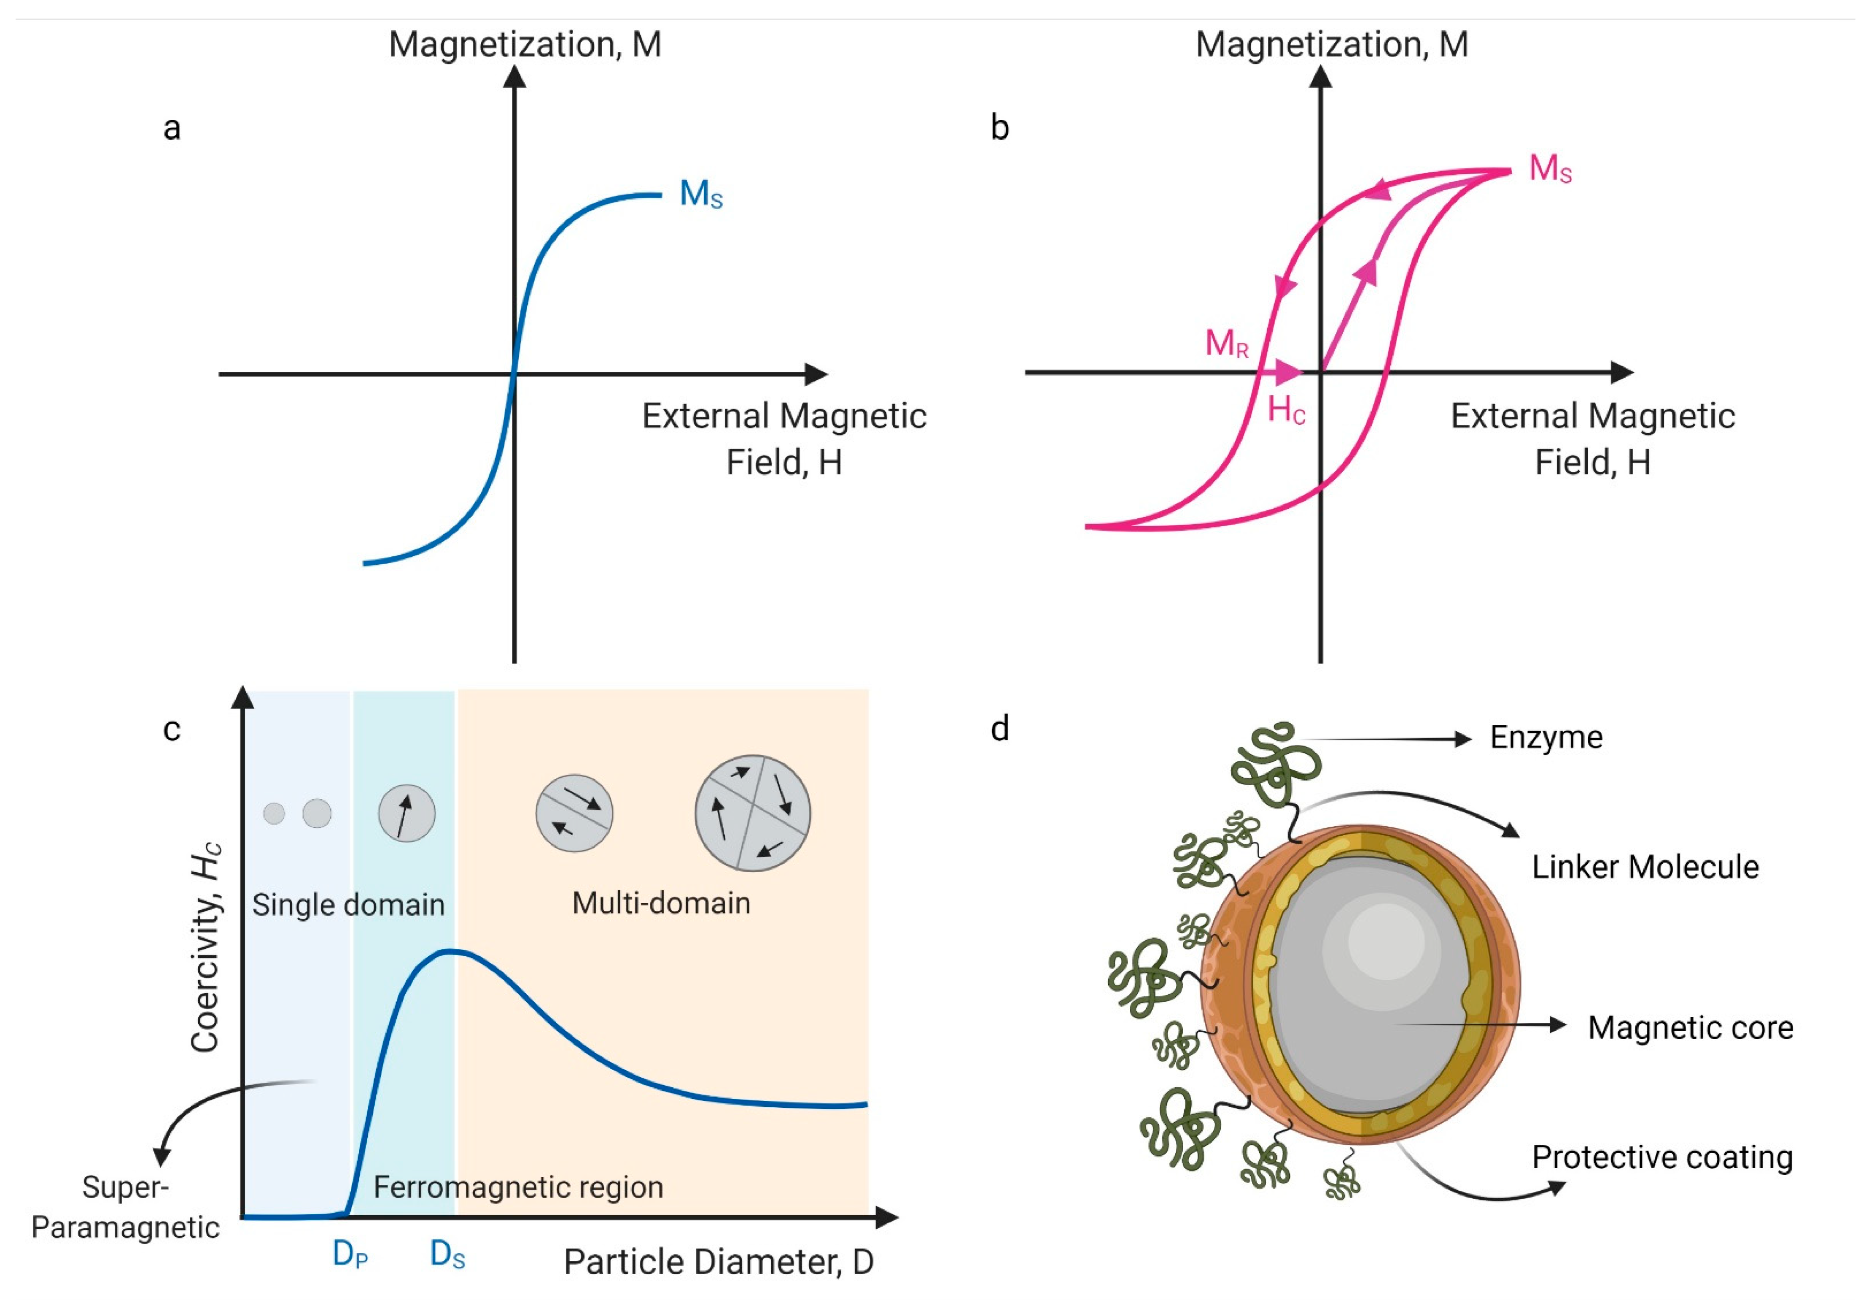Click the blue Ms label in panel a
700,195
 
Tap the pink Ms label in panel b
1550,169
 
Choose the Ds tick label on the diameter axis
447,1254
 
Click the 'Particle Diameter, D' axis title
719,1262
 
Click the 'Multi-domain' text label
661,903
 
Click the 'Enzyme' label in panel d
1546,738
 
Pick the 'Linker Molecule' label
1645,867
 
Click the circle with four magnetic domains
753,813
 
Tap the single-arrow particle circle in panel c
407,813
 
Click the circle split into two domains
574,813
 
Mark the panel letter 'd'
1000,728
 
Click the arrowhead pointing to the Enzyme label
1463,739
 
